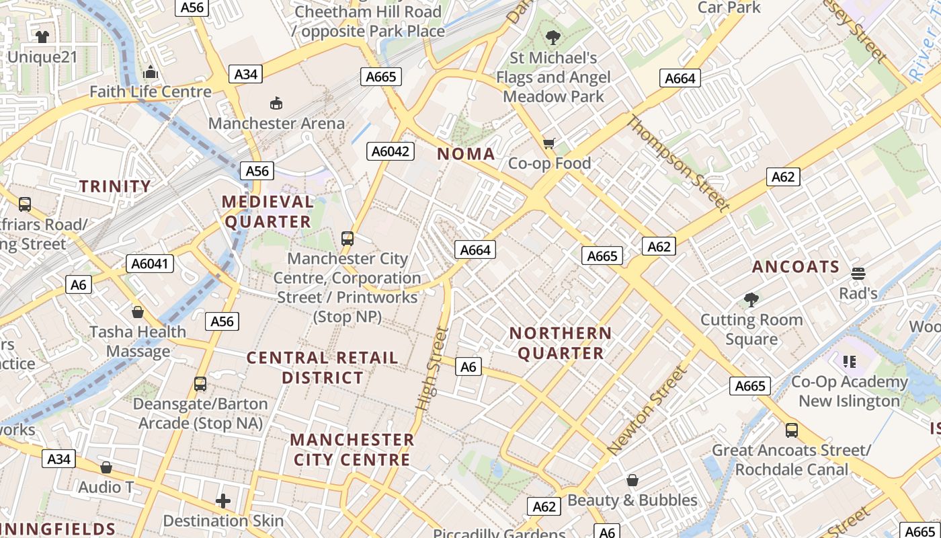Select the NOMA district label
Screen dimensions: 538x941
tap(466, 154)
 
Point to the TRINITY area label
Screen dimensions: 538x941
tap(116, 186)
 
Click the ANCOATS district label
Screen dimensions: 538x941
tap(796, 267)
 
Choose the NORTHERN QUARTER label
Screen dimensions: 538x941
tap(561, 343)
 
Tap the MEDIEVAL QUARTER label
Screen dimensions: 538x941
tap(268, 211)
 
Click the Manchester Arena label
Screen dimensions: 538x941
tap(276, 123)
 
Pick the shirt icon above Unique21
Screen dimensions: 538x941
tap(42, 36)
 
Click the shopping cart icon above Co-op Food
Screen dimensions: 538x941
tap(549, 143)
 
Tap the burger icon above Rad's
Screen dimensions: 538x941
tap(858, 274)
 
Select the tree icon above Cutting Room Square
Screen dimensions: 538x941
tap(751, 299)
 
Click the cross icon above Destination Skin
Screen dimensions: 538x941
tap(223, 501)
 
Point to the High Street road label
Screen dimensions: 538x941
tap(432, 369)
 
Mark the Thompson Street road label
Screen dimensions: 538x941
tap(678, 163)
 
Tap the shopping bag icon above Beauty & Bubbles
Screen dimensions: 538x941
tap(632, 480)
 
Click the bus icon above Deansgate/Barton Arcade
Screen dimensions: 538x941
tap(200, 384)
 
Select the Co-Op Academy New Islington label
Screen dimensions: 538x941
tap(849, 391)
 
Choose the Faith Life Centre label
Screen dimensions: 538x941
tap(151, 91)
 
